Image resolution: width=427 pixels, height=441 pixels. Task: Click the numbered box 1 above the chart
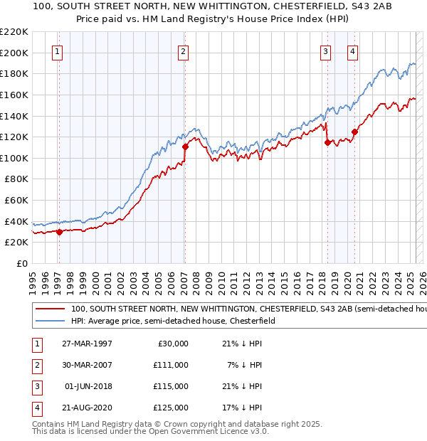click(57, 51)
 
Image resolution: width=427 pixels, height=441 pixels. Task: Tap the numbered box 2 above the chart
click(184, 51)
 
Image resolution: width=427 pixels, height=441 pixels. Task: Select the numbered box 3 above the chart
click(325, 51)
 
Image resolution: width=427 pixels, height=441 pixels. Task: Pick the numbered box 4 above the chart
click(353, 51)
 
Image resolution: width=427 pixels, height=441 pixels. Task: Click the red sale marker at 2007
click(185, 147)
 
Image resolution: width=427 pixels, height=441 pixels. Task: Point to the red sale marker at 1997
click(59, 231)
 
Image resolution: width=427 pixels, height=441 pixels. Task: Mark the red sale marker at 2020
click(354, 132)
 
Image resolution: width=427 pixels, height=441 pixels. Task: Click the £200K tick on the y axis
click(14, 53)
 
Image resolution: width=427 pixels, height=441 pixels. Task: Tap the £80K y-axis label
click(16, 179)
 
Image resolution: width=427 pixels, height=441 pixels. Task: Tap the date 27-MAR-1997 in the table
click(87, 344)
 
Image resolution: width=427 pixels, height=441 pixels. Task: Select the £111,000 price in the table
click(171, 365)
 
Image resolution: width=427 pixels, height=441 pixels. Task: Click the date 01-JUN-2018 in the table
click(88, 386)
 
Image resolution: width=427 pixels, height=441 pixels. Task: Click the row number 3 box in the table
click(36, 386)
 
